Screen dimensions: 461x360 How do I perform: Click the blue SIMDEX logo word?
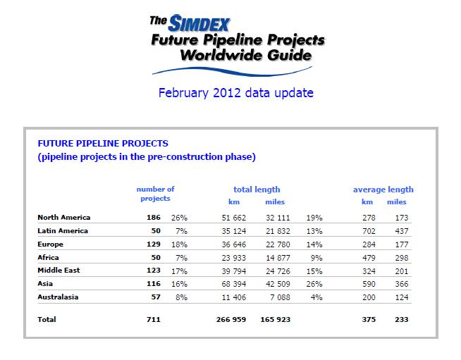click(x=199, y=23)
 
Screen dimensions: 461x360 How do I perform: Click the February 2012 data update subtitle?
click(x=236, y=93)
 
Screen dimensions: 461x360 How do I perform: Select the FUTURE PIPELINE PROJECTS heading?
click(x=103, y=144)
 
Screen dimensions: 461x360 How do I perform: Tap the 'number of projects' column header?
click(x=155, y=194)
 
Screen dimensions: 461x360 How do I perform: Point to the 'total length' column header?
click(x=257, y=190)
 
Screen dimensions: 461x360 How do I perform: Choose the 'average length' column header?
click(x=383, y=190)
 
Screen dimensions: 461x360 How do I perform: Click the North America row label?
click(x=64, y=218)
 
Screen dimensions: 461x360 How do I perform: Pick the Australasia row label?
click(x=58, y=297)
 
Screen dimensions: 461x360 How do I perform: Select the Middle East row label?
click(x=59, y=271)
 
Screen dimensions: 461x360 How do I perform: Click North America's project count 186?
click(x=154, y=218)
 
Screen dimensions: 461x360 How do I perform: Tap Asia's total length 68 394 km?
click(x=234, y=284)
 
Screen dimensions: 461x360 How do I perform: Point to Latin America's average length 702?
click(x=369, y=231)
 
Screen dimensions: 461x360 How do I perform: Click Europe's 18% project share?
click(x=179, y=244)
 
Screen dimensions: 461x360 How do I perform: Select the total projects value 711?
click(x=154, y=319)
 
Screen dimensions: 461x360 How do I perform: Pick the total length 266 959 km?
click(x=231, y=319)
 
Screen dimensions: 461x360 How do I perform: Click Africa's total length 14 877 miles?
click(x=278, y=258)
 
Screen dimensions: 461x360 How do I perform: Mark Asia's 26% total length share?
click(x=314, y=284)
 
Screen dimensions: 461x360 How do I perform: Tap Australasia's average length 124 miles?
click(x=402, y=297)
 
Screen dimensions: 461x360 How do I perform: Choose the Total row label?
click(x=47, y=319)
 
